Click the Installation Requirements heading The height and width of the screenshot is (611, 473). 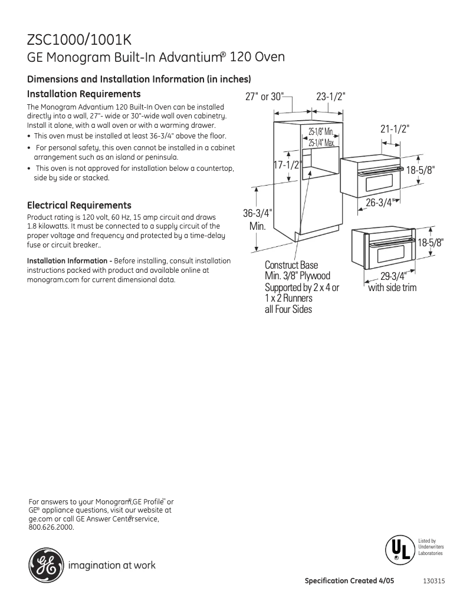click(84, 94)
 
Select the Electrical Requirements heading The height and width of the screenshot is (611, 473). click(79, 206)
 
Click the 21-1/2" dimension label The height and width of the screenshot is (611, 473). click(395, 128)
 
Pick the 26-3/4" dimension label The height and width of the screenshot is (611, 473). click(379, 203)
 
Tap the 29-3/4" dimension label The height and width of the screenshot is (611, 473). click(393, 276)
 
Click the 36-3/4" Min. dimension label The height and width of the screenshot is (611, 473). click(258, 219)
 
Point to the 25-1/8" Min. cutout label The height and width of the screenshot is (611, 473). click(321, 131)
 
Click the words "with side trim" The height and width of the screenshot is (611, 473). click(392, 288)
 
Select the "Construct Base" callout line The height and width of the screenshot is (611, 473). click(291, 265)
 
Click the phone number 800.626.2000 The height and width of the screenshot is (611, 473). click(51, 527)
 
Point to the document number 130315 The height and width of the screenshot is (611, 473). click(433, 580)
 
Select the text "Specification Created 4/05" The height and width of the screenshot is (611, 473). click(349, 580)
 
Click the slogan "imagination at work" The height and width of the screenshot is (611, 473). click(112, 566)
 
